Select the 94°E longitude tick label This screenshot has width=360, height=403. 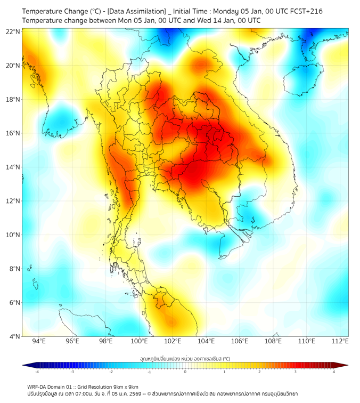point(39,342)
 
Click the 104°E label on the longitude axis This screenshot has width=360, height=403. point(206,342)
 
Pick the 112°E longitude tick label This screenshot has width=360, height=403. point(340,342)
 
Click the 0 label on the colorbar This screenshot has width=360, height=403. point(185,372)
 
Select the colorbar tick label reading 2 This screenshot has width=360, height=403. point(259,372)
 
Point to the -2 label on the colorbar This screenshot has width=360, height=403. point(110,372)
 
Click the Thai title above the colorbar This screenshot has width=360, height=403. point(185,358)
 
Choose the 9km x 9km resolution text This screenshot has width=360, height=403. point(123,386)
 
